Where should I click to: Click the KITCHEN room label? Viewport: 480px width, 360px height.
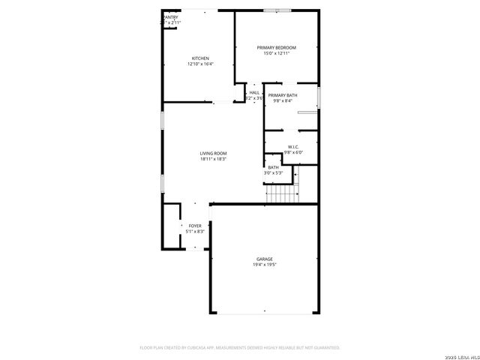pyautogui.click(x=200, y=58)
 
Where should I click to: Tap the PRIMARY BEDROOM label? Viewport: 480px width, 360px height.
pyautogui.click(x=277, y=47)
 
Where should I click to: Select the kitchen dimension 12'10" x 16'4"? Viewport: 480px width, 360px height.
pyautogui.click(x=200, y=64)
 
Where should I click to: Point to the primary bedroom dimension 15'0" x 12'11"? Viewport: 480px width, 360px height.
pyautogui.click(x=277, y=53)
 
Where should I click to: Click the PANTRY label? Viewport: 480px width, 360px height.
pyautogui.click(x=171, y=16)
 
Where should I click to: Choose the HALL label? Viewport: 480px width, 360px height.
pyautogui.click(x=254, y=92)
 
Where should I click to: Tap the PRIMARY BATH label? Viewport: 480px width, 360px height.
pyautogui.click(x=283, y=95)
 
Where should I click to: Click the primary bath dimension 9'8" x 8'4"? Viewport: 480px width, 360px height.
pyautogui.click(x=283, y=101)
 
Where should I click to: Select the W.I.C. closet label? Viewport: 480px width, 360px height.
pyautogui.click(x=293, y=146)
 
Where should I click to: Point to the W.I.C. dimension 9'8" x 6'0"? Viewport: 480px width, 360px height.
pyautogui.click(x=293, y=152)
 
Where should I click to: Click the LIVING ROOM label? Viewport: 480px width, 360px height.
pyautogui.click(x=213, y=153)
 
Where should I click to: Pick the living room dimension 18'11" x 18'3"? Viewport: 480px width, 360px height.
pyautogui.click(x=213, y=159)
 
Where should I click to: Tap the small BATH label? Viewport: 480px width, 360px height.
pyautogui.click(x=273, y=167)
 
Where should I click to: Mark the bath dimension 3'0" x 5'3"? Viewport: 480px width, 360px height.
pyautogui.click(x=273, y=173)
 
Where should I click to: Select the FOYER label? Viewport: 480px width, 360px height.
pyautogui.click(x=195, y=226)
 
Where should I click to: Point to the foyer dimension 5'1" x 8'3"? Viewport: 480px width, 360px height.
pyautogui.click(x=195, y=232)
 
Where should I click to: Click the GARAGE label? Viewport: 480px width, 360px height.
pyautogui.click(x=264, y=259)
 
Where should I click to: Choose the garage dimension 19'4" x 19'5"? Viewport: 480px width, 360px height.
pyautogui.click(x=264, y=265)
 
